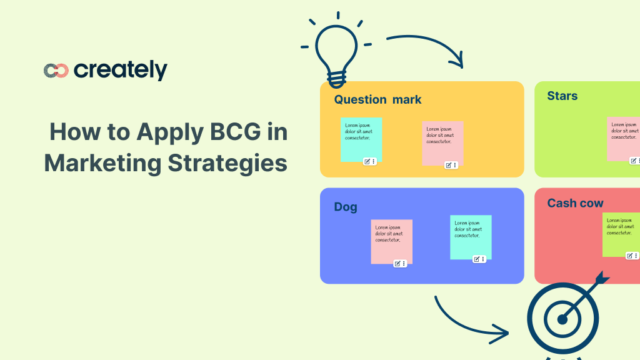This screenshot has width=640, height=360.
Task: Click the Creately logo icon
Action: coord(56,71)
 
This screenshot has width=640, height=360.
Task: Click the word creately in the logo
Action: coord(121,71)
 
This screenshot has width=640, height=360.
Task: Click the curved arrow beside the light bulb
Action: coord(428,48)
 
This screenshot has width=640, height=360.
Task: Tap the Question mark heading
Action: coord(377,99)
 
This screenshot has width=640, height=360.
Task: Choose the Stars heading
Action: coord(562,96)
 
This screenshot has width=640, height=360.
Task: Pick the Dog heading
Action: coord(346,207)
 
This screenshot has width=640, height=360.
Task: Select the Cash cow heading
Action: coord(575,203)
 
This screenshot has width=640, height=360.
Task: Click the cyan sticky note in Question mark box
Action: coord(361,139)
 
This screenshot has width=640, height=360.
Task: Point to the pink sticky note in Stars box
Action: coord(623,138)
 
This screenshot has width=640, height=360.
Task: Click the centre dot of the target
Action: coord(562,320)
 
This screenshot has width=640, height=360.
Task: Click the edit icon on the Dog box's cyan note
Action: coord(476,259)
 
